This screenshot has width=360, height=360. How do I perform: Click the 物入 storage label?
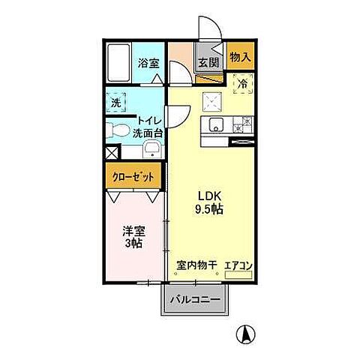coord(239,56)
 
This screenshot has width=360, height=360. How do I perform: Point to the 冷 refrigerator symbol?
coord(242,84)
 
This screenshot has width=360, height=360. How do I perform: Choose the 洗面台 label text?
coord(148,133)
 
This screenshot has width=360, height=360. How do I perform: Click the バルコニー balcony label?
coord(194,300)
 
